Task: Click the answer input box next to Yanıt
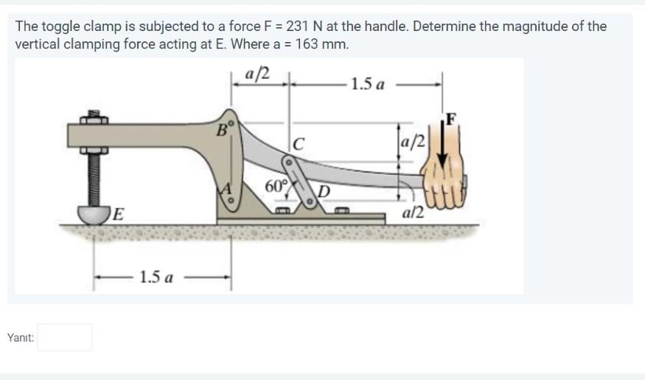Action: (65, 337)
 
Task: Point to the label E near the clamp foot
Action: (119, 214)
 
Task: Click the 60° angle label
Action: (275, 185)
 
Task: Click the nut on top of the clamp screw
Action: (94, 117)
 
